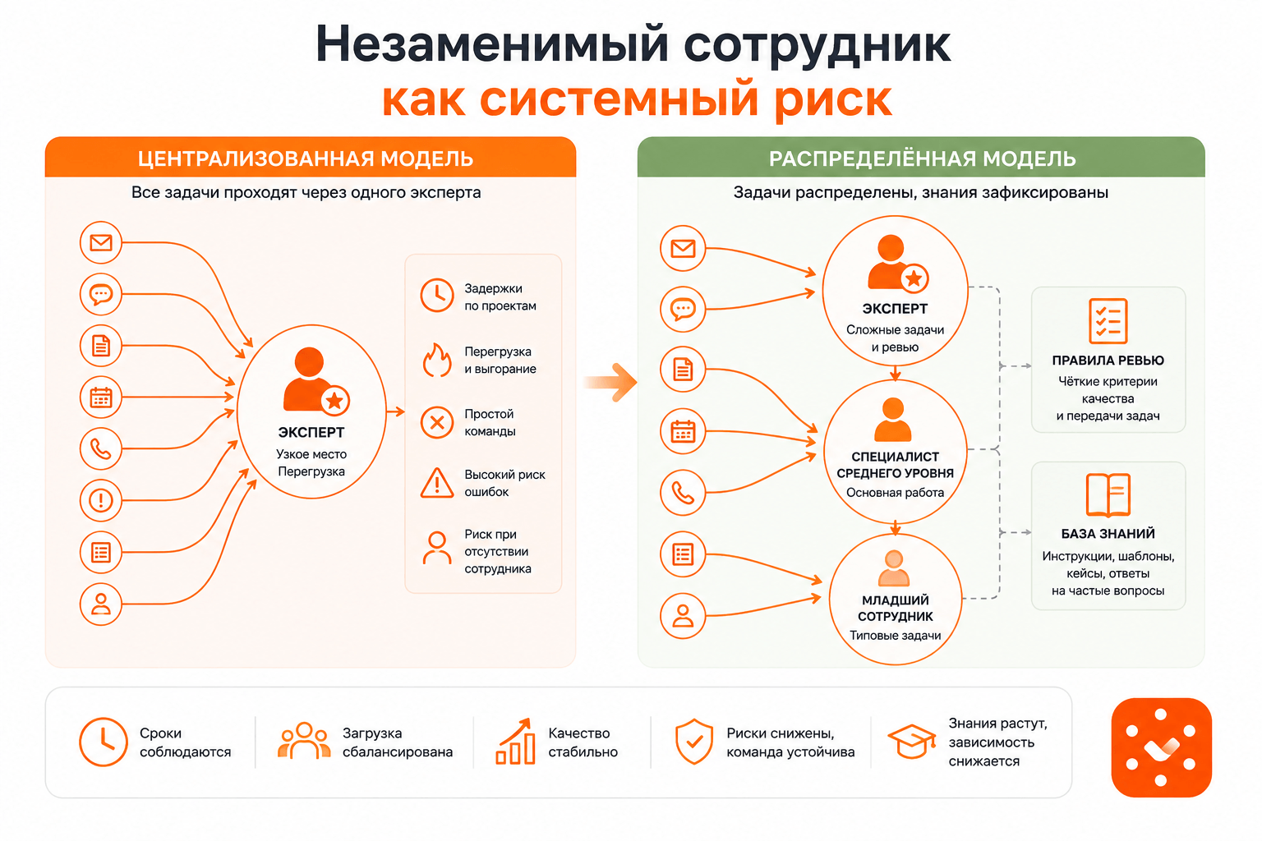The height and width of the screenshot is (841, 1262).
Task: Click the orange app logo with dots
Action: (x=1161, y=747)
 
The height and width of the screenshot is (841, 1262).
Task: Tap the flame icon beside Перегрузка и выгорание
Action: (x=437, y=360)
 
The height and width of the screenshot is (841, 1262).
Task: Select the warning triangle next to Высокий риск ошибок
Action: (x=437, y=483)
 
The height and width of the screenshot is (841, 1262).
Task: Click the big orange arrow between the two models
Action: (x=610, y=383)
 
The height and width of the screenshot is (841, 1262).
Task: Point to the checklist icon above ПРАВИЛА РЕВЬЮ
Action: (x=1108, y=320)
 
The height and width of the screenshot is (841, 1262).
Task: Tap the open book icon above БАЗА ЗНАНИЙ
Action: (x=1108, y=495)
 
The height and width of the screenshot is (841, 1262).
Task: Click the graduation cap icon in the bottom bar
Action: (x=912, y=742)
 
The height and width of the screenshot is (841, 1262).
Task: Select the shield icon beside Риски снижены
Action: (x=694, y=742)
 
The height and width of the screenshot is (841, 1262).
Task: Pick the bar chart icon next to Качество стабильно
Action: (x=515, y=742)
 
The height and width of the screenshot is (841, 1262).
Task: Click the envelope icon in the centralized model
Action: (x=101, y=243)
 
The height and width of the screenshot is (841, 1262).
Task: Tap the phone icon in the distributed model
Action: (x=683, y=493)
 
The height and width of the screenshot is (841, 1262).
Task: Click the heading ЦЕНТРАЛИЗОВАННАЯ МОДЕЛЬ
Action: (x=306, y=159)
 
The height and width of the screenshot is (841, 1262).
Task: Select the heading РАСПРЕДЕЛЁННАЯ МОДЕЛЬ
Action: (x=923, y=159)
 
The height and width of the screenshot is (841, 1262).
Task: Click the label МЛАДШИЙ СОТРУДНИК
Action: (x=896, y=609)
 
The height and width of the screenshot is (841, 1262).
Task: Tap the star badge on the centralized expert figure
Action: (x=335, y=401)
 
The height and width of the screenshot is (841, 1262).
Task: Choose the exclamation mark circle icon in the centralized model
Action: (x=101, y=500)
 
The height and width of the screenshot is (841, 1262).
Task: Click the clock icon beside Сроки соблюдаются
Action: (x=103, y=742)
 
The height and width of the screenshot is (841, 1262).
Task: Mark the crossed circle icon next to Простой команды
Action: (x=437, y=422)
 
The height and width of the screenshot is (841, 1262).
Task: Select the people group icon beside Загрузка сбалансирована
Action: (x=304, y=741)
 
